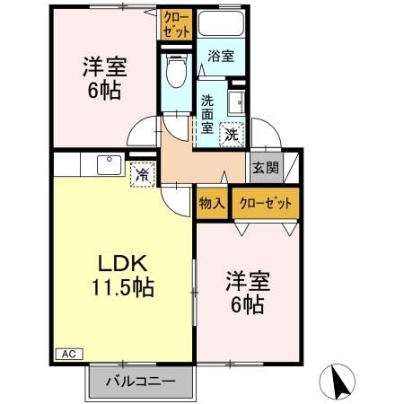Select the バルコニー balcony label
tap(138, 381)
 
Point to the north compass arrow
tap(340, 384)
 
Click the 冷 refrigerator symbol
tap(142, 175)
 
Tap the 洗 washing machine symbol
tap(233, 135)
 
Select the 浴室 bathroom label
tap(221, 56)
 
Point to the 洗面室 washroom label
tap(206, 113)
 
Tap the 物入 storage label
tap(211, 203)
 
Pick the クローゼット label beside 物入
tap(266, 203)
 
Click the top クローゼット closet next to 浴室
tap(176, 24)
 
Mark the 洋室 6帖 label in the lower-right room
tap(244, 293)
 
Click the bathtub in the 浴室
tap(222, 27)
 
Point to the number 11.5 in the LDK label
tap(108, 288)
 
